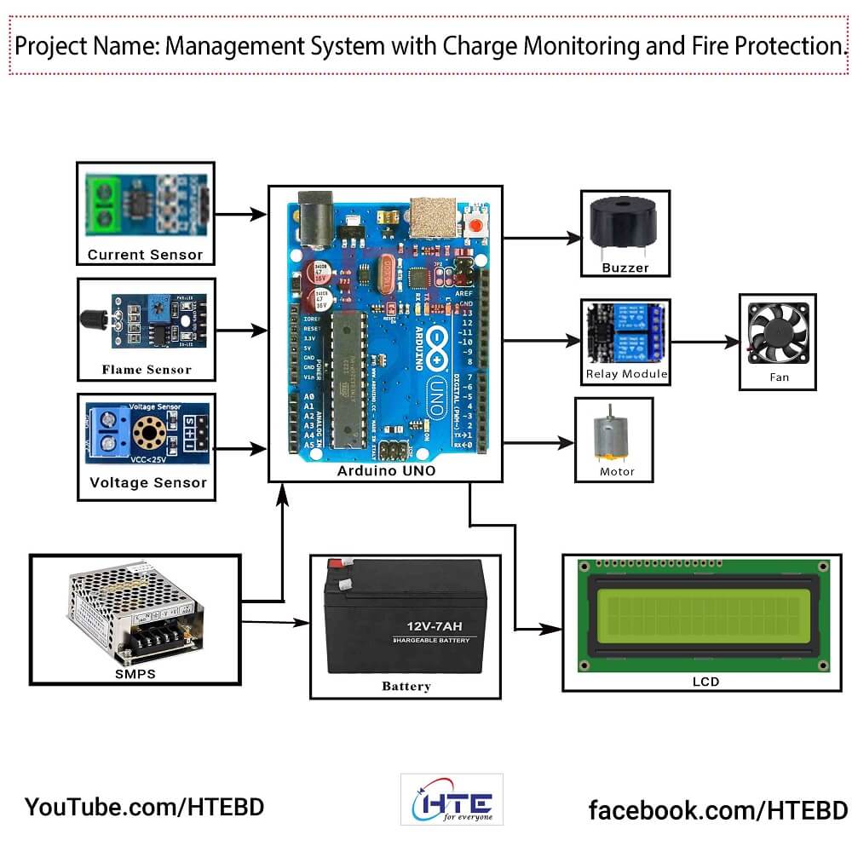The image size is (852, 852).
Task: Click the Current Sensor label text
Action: pos(145,254)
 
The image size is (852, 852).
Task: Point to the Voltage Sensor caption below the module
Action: pos(148,483)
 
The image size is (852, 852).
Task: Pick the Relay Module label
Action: pos(626,374)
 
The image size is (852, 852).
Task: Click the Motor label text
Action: pos(617,471)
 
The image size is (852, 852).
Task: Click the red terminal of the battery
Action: pos(336,563)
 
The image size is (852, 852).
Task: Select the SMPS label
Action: pos(134,674)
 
